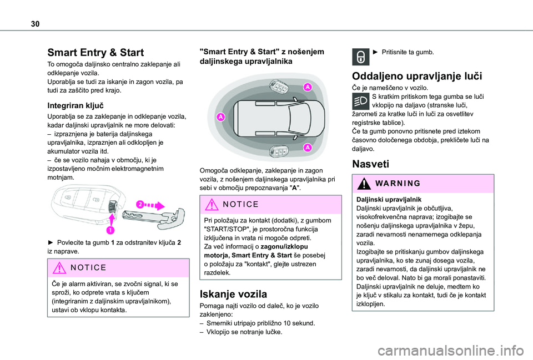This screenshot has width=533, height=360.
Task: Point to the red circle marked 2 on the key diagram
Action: (142, 205)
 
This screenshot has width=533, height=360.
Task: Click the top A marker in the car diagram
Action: (307, 88)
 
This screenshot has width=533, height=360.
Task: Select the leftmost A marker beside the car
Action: (220, 117)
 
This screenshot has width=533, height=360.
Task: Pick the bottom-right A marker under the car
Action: (307, 148)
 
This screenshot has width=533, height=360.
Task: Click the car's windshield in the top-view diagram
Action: (297, 117)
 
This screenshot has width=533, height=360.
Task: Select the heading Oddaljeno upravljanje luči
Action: (418, 77)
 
